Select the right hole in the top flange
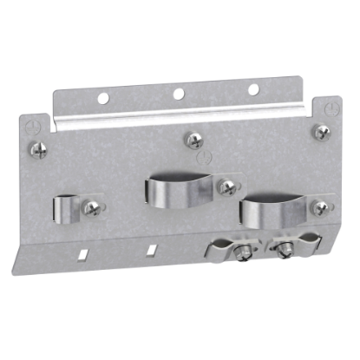pos(252,88)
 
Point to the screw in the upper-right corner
pos(322,131)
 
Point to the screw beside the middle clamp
pos(228,186)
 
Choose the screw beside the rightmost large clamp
pos(319,208)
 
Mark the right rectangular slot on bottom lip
pos(153,249)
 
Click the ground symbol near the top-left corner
pos(33,125)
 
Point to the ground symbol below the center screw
pos(202,160)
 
